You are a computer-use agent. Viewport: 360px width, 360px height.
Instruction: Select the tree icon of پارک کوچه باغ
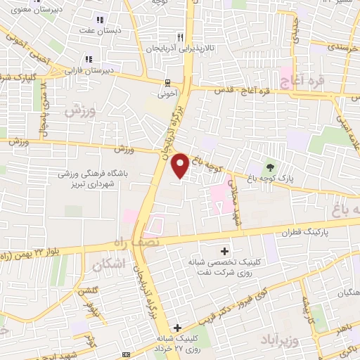(269, 167)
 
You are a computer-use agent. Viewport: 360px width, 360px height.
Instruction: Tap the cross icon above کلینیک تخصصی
(224, 250)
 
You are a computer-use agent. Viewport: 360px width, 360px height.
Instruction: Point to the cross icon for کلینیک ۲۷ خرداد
(177, 328)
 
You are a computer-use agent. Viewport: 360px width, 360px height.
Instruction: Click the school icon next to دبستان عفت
(99, 20)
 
